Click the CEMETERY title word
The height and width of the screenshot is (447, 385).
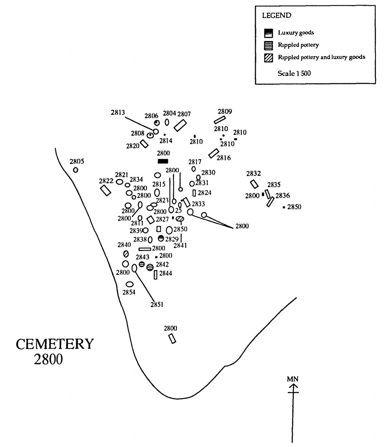pos(55,344)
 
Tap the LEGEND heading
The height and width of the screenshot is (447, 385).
pos(277,16)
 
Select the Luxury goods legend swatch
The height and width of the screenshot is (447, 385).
pos(269,33)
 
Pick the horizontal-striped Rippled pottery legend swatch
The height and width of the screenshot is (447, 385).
pos(269,45)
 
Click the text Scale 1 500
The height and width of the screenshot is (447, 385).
pos(294,73)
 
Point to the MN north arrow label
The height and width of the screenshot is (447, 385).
pos(293,379)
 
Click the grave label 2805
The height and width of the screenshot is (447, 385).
pos(77,162)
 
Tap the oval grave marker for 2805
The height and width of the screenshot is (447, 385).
pos(76,170)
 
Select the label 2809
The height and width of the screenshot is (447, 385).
pos(225,112)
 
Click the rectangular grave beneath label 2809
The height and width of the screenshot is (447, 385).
pos(219,120)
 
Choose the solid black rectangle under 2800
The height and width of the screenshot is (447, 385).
pos(163,161)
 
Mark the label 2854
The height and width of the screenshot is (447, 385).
pos(129,292)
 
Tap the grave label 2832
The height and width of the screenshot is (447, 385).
pos(253,173)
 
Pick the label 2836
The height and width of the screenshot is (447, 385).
pos(283,195)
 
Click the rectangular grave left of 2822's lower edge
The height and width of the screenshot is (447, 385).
pos(106,190)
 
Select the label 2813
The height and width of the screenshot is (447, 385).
pos(118,113)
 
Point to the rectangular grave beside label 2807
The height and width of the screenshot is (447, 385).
pos(180,125)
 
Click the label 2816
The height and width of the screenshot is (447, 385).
pos(223,158)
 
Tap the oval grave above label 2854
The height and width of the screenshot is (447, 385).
pos(130,284)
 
